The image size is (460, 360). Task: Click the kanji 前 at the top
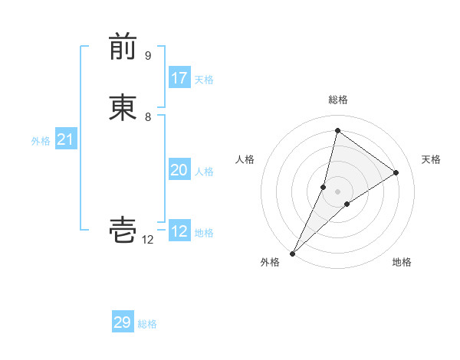pos(123,48)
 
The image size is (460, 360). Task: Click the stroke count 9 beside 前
pos(148,56)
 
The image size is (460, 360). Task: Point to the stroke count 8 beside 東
pos(148,117)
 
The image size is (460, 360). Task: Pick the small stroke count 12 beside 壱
pos(148,240)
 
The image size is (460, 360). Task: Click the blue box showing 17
pos(179,78)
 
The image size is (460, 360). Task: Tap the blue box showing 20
pos(179,171)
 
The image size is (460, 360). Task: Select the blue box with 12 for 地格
pos(179,231)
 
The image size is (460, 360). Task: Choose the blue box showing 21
pos(65,139)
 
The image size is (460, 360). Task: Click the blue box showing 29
pos(123,322)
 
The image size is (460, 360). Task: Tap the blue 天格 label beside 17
pos(204,80)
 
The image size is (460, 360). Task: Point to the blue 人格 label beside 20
pos(204,172)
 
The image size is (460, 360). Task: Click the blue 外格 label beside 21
pos(41,141)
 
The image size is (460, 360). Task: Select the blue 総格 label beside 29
pos(147,324)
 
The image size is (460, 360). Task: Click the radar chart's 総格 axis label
pos(338,100)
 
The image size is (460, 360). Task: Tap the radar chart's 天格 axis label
pos(432,159)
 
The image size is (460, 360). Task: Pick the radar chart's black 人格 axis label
pos(245,159)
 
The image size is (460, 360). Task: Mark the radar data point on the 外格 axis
pos(292,254)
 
